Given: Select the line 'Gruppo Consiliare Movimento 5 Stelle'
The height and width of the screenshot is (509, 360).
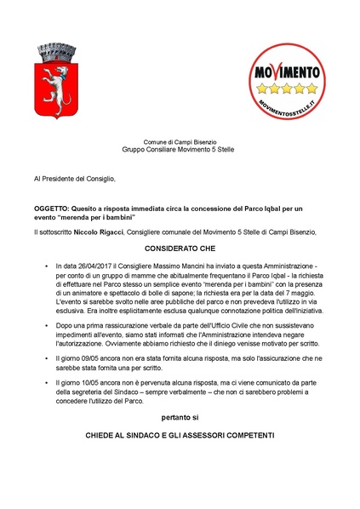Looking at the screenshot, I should coord(180,150).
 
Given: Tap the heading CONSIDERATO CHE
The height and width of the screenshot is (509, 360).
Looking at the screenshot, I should coord(180,248).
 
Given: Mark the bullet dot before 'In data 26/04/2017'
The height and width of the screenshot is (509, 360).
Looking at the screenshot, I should coord(46,268).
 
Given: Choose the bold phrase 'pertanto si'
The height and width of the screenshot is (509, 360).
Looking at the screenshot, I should coord(180,418).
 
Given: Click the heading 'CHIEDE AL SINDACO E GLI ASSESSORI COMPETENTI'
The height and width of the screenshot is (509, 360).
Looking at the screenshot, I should coord(180,436).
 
